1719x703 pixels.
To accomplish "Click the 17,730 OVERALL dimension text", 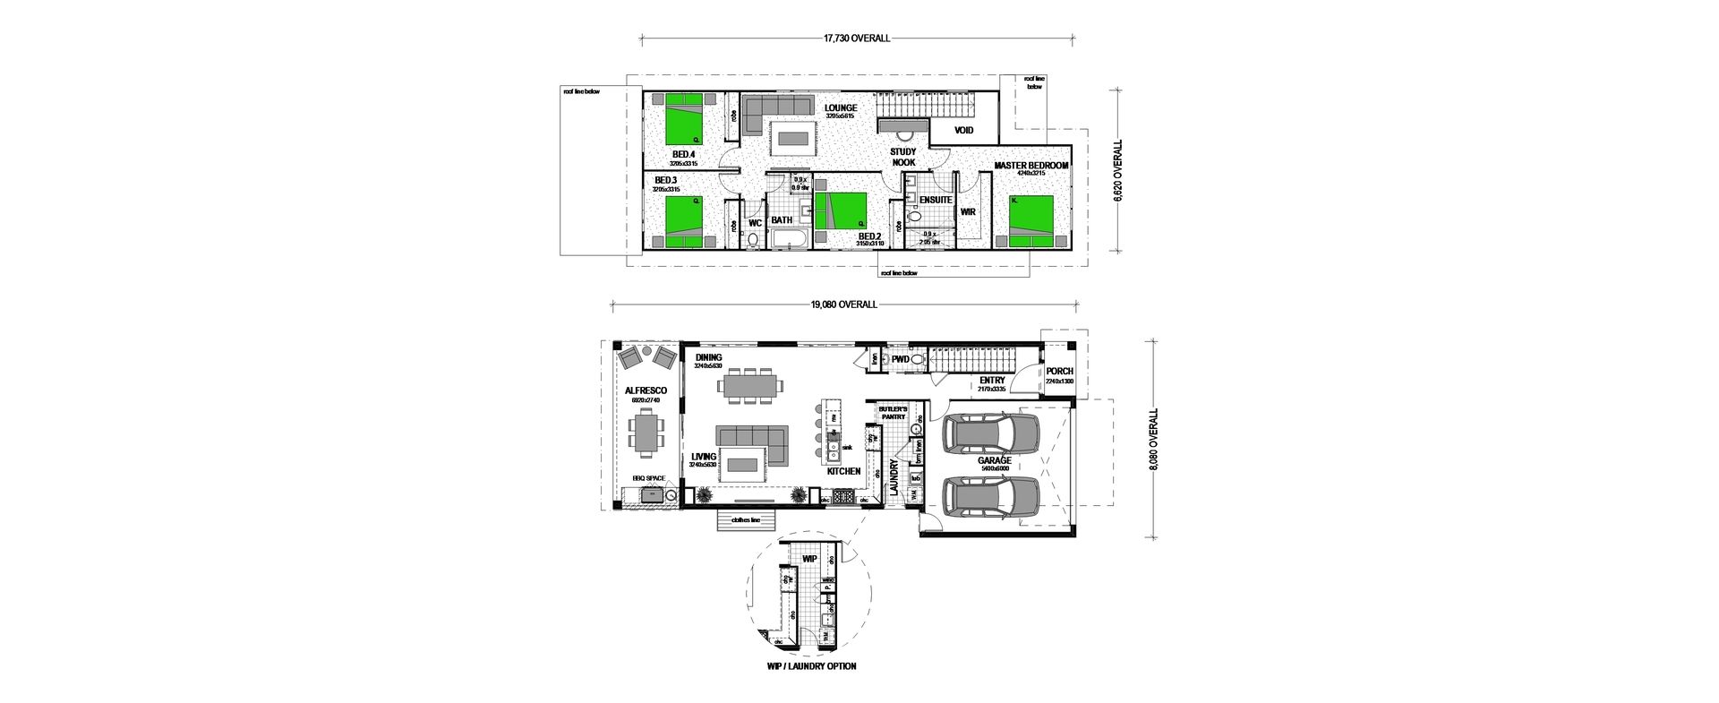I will pos(856,39).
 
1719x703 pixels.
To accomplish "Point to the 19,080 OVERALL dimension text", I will pos(843,304).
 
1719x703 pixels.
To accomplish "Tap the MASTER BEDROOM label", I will pos(1031,166).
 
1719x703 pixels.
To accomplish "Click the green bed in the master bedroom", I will pos(1031,220).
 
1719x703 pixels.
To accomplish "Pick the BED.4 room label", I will pos(683,155).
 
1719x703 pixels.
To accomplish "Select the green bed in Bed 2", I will pos(844,210).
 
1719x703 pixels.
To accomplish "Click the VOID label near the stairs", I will pos(963,131).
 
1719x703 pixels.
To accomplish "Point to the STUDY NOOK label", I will pos(903,158).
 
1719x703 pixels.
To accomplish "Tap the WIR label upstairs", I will pos(967,212).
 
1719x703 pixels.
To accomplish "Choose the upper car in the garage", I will pos(992,433).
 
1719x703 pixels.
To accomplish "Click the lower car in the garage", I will pos(992,498).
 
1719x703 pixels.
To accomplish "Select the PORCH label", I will pos(1059,371).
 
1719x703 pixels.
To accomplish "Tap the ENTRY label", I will pos(992,381).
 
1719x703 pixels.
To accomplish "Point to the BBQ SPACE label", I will pos(649,478).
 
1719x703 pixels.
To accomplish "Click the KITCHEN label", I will pos(843,471).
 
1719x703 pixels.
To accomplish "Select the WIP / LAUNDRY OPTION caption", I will pos(811,666).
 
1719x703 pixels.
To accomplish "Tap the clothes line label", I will pos(745,519).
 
